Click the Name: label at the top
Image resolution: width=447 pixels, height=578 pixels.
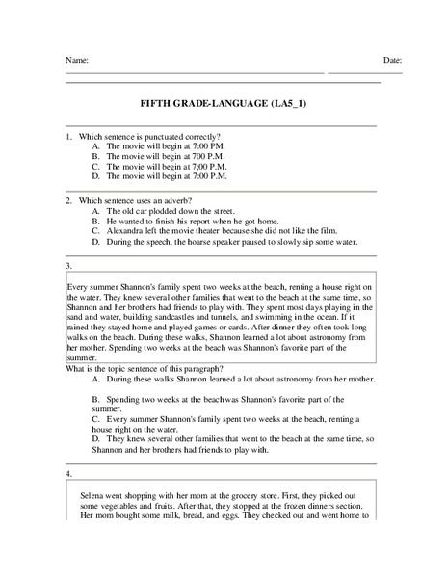point(77,61)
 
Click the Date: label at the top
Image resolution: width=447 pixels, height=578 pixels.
point(392,61)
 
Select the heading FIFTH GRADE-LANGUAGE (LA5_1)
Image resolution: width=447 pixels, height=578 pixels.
point(223,103)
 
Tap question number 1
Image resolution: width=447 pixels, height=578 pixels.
point(68,137)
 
